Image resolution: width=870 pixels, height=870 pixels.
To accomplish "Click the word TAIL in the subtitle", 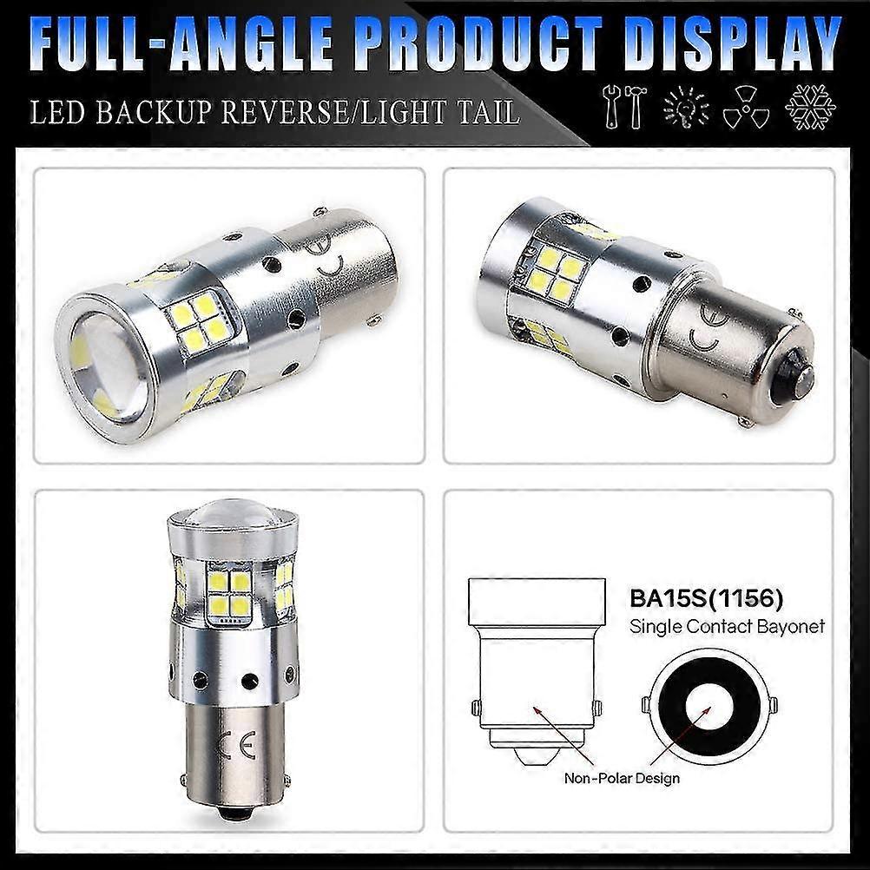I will coord(481,112).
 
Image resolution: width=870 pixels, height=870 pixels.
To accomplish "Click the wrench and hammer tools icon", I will coord(623,108).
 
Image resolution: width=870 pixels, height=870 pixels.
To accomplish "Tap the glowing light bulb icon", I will coord(685,108).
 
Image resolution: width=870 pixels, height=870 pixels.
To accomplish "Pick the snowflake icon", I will coord(810,108).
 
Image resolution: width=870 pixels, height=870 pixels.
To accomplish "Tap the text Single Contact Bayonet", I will coord(727,625).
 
